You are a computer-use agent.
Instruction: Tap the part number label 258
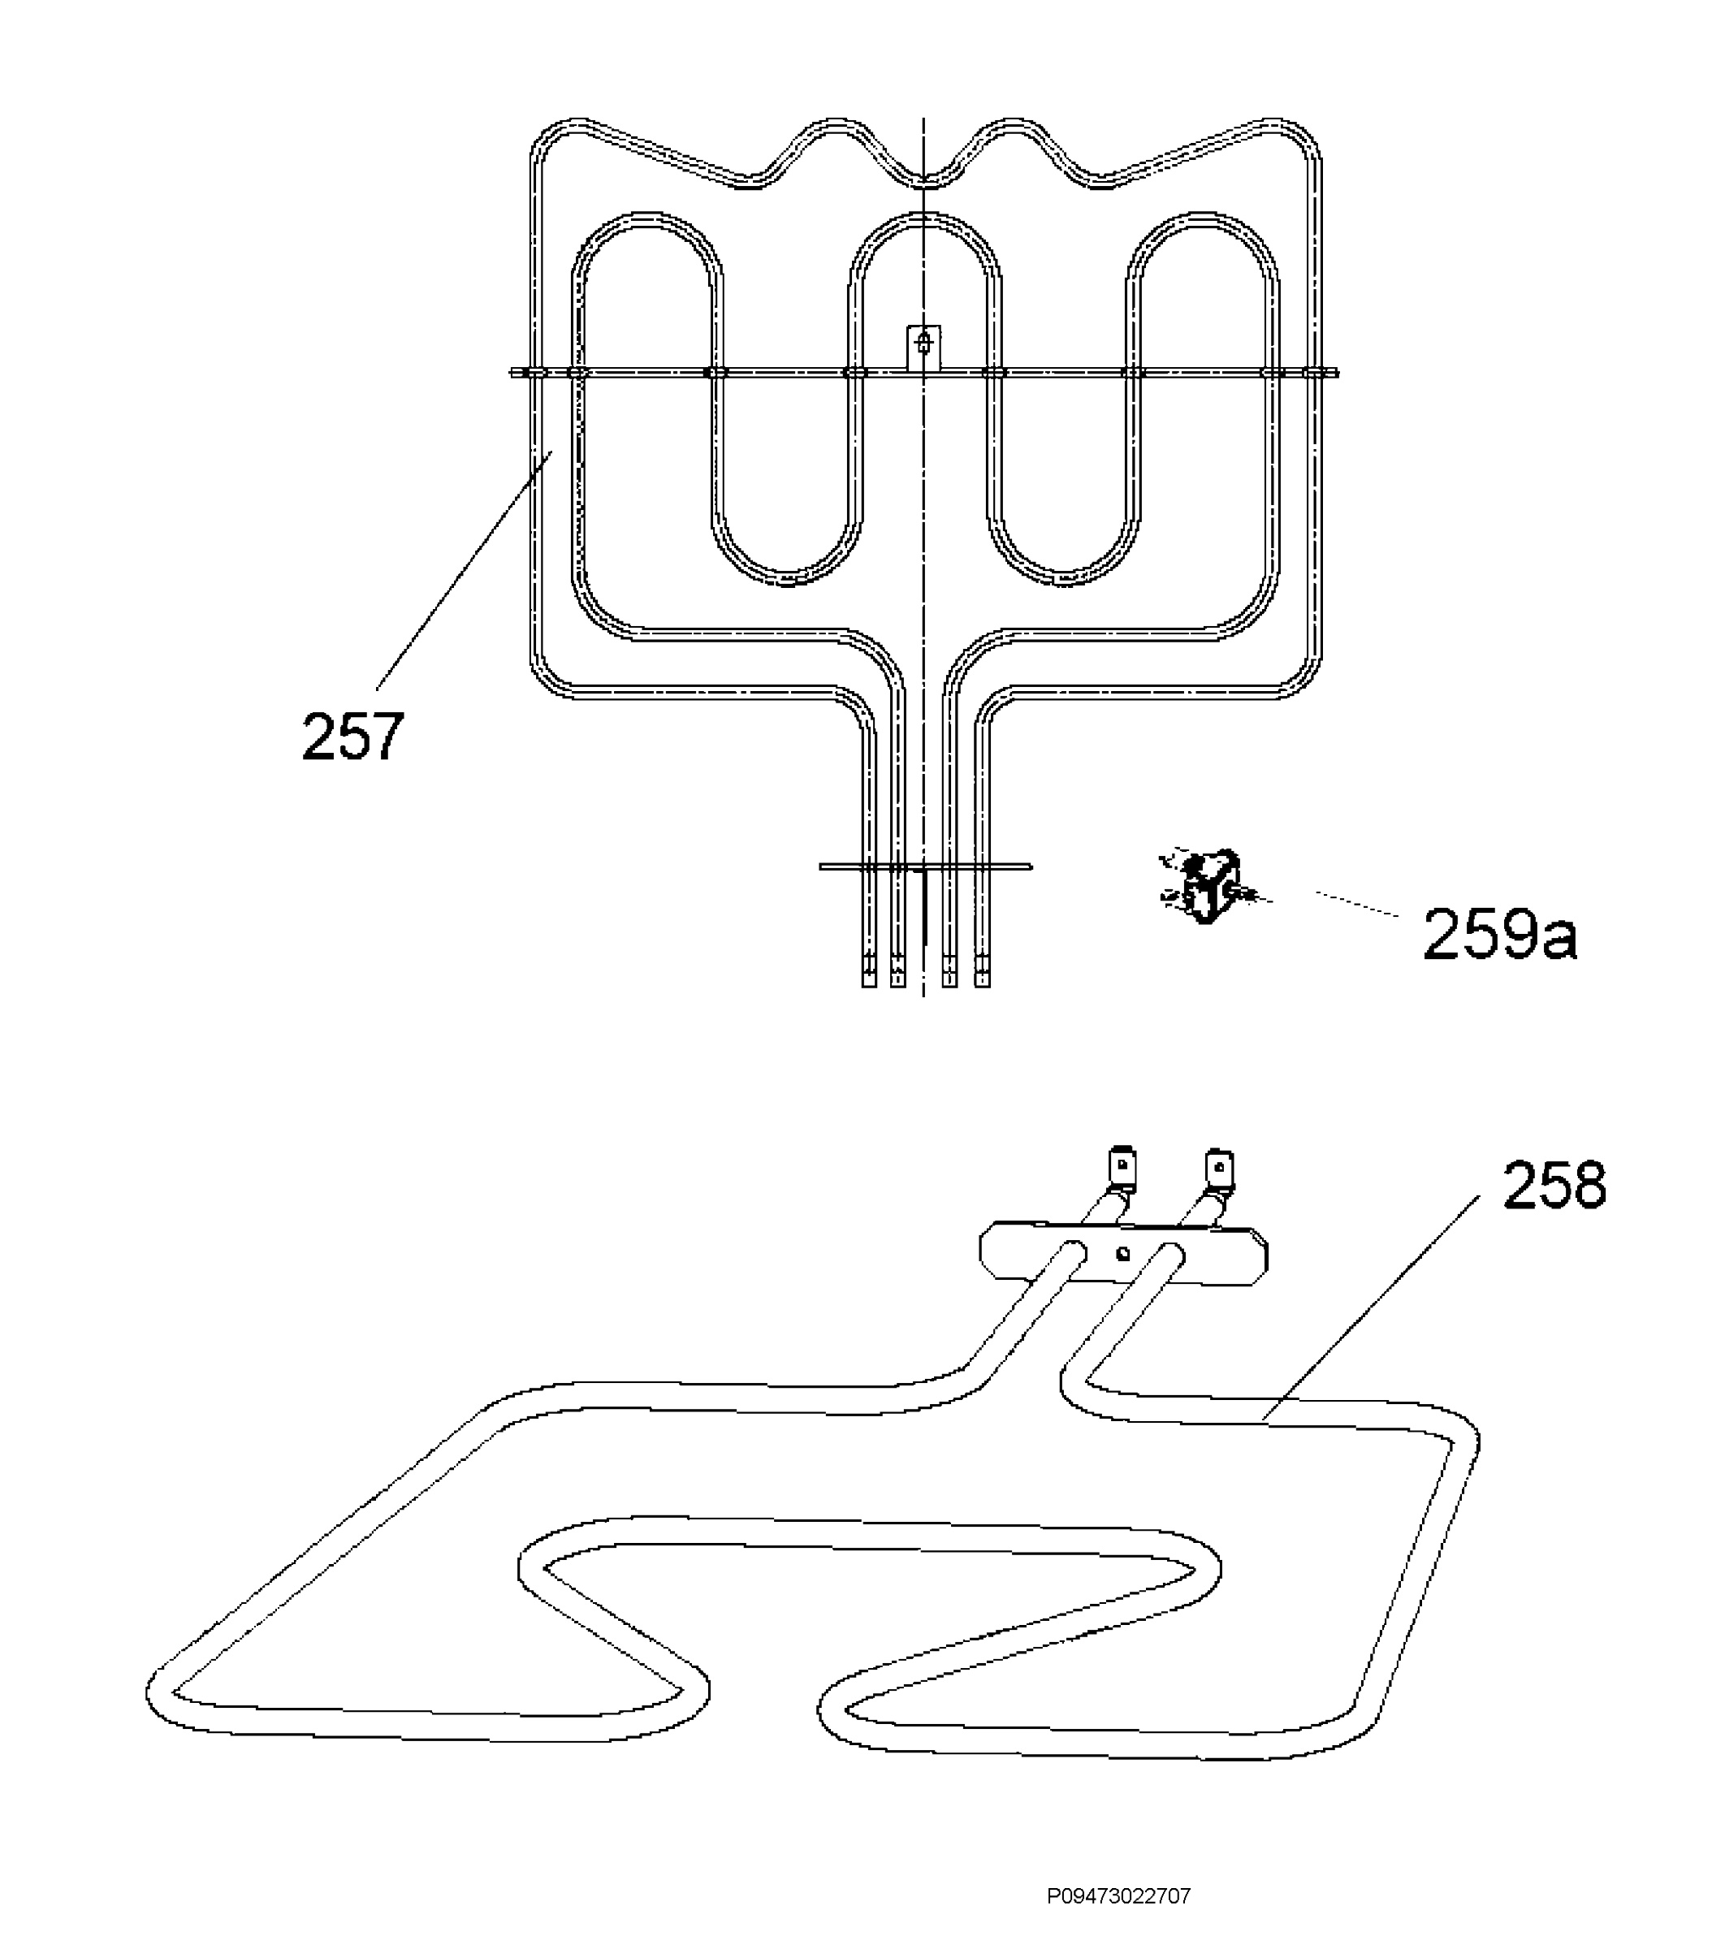[1554, 1185]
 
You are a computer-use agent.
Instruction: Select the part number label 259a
[1500, 935]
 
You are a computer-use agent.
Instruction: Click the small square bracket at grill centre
[923, 347]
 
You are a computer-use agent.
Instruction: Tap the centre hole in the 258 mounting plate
[1123, 1254]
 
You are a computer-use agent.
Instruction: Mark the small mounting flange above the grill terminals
[925, 866]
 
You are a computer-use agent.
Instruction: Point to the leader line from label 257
[465, 571]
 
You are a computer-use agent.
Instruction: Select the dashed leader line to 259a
[1357, 905]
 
